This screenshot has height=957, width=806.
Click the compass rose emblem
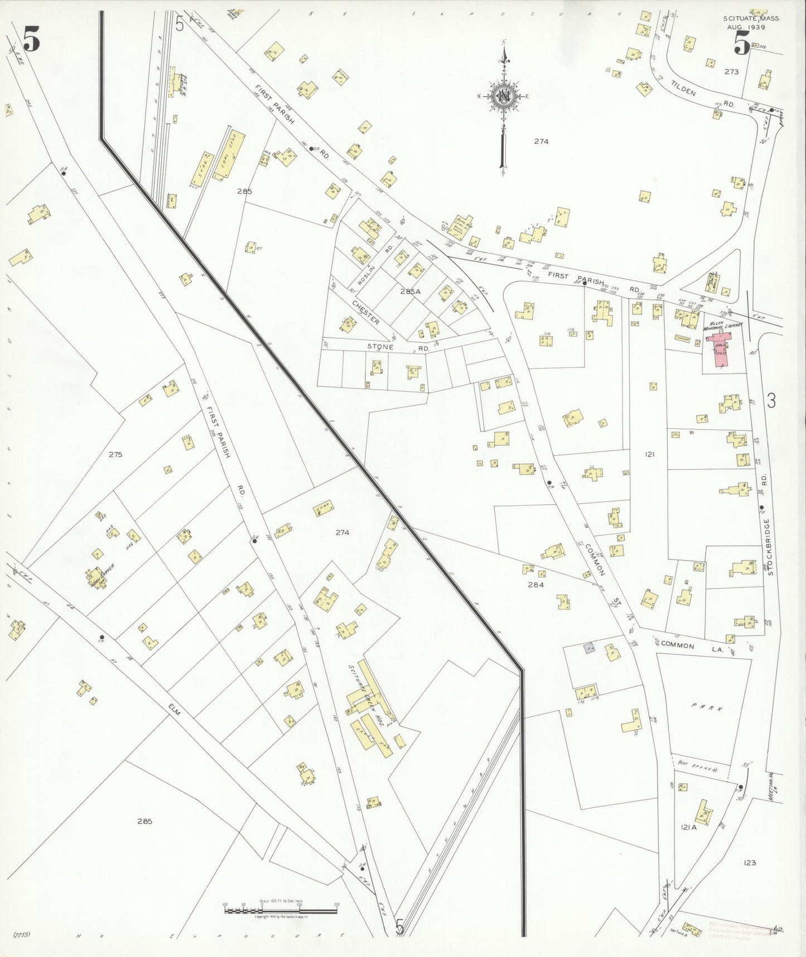tap(503, 97)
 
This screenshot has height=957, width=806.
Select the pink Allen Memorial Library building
tap(721, 352)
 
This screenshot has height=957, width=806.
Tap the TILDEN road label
tap(683, 87)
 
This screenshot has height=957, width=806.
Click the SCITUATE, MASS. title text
tap(751, 18)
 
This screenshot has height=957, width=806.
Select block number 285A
tap(410, 291)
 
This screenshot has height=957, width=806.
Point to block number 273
tap(731, 71)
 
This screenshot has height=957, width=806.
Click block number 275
tap(115, 454)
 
